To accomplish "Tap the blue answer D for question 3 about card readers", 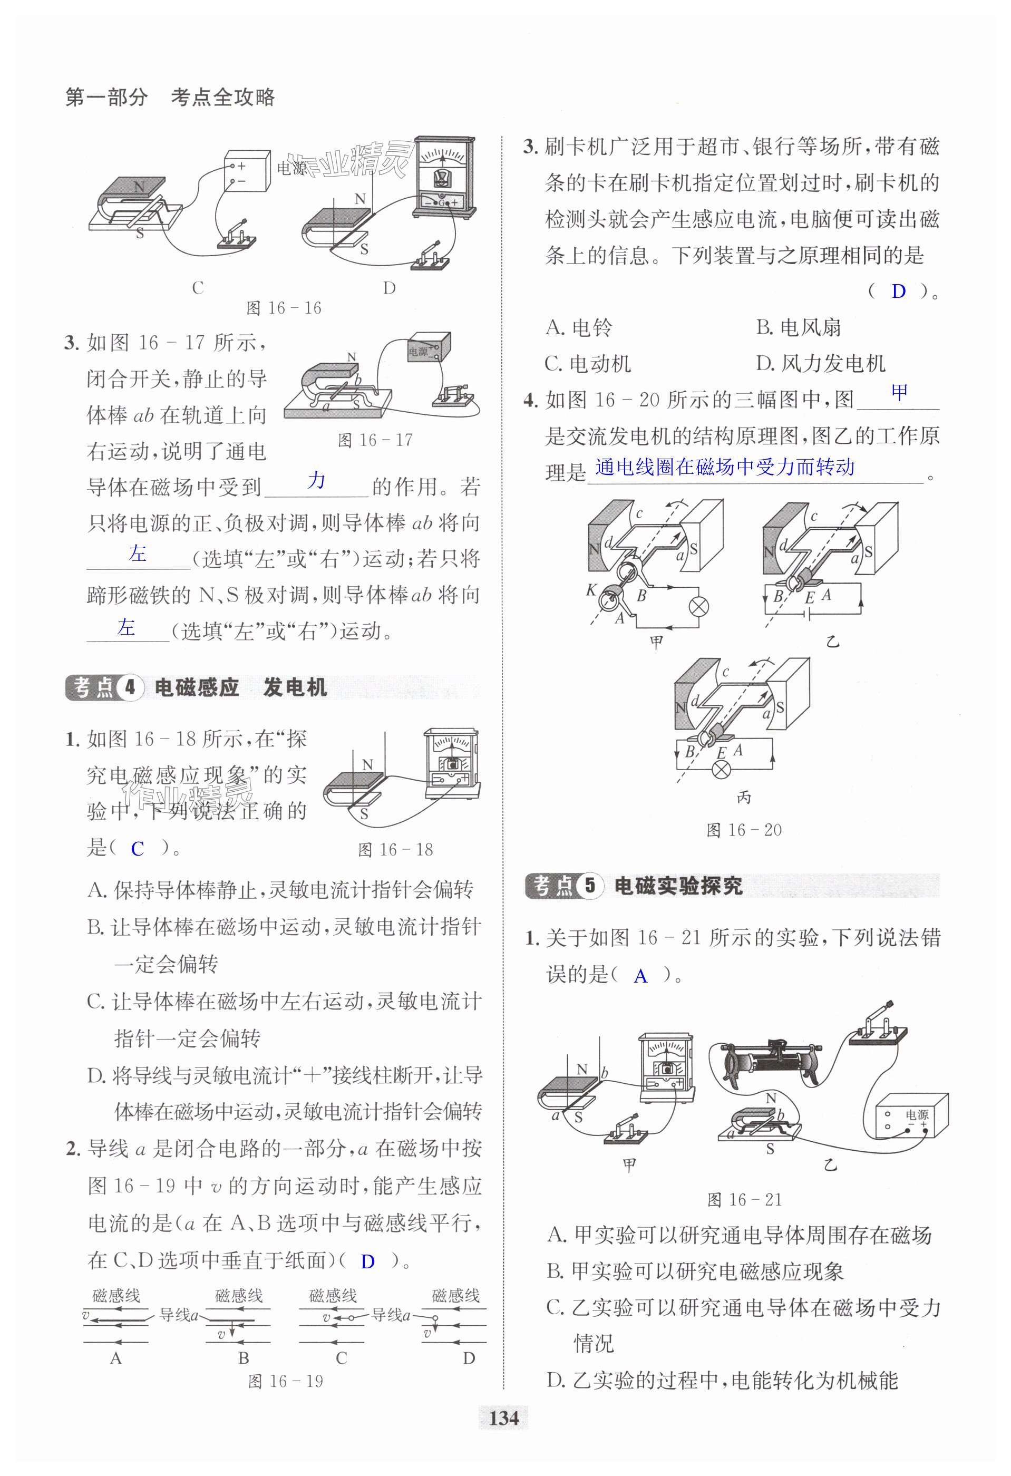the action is tap(898, 292).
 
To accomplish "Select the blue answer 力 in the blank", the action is tap(316, 480).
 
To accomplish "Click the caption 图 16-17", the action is tap(375, 440).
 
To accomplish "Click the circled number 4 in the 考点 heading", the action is tap(130, 687).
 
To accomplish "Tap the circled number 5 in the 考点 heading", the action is tap(590, 886).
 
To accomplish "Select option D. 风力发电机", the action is tap(821, 363).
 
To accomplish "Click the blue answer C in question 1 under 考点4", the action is tap(137, 849).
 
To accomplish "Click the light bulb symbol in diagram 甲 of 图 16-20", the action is tap(698, 607).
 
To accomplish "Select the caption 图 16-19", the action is tap(285, 1381).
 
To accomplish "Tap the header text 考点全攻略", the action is tap(223, 97).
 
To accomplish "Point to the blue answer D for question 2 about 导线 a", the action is tap(367, 1261).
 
